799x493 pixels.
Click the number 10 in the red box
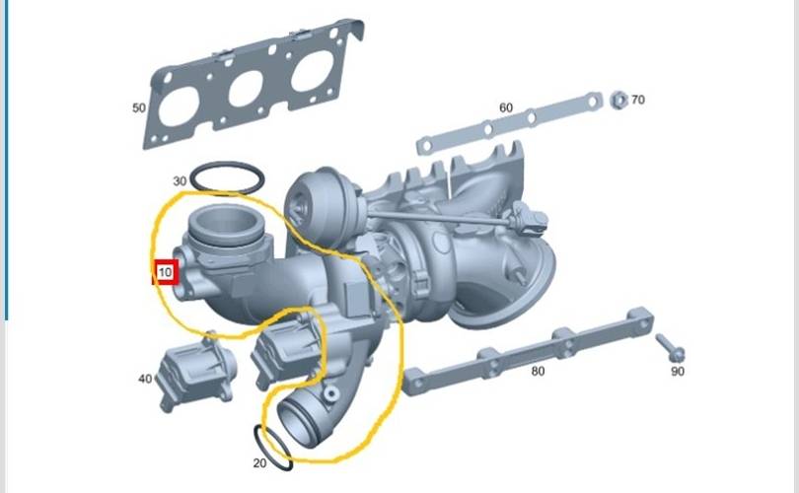[x=165, y=272]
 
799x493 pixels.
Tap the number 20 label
[x=259, y=463]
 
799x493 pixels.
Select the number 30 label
[x=180, y=180]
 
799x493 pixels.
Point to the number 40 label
[x=145, y=379]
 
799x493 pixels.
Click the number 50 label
[x=139, y=108]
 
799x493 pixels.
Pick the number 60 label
[x=506, y=107]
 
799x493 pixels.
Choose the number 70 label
[x=638, y=100]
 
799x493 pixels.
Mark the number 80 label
[x=539, y=372]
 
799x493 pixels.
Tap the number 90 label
[x=678, y=372]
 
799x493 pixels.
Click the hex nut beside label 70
[x=618, y=100]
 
